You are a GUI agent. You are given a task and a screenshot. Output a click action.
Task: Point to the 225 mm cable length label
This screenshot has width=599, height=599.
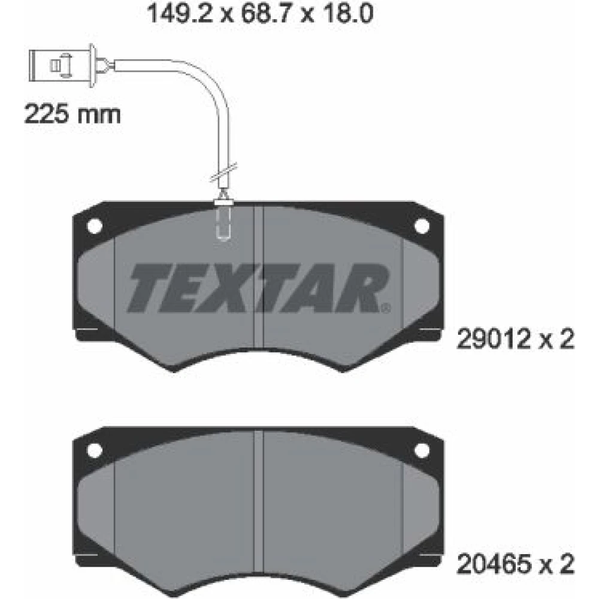coord(72,114)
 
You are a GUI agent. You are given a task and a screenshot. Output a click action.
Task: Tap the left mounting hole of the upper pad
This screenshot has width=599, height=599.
coord(95,226)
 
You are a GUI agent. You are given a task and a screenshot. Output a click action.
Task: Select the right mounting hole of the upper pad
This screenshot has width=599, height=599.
coord(422,226)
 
